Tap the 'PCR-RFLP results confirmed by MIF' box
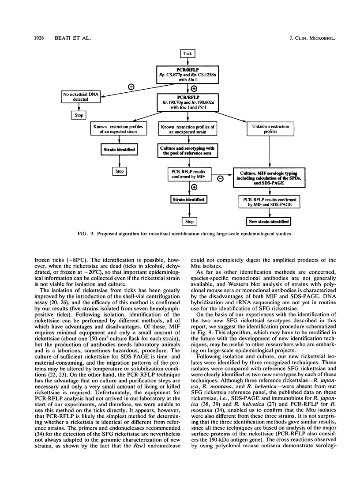(x=183, y=174)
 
